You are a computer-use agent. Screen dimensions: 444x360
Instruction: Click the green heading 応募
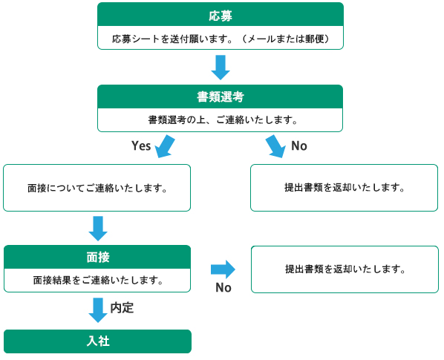pyautogui.click(x=221, y=16)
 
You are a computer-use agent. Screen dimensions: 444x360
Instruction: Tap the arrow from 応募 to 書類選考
pyautogui.click(x=221, y=68)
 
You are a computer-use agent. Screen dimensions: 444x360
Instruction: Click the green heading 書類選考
pyautogui.click(x=221, y=96)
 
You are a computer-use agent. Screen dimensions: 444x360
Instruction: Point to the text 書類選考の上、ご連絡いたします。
pyautogui.click(x=223, y=120)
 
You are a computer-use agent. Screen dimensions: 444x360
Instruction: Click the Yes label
pyautogui.click(x=141, y=145)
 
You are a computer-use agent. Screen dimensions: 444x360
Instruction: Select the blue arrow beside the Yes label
pyautogui.click(x=165, y=146)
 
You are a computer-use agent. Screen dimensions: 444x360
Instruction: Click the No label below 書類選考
pyautogui.click(x=299, y=145)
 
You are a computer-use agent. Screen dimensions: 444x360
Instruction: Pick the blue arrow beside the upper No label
pyautogui.click(x=275, y=146)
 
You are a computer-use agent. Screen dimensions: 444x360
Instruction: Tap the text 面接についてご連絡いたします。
pyautogui.click(x=97, y=189)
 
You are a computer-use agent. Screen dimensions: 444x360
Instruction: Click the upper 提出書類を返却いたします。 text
pyautogui.click(x=345, y=188)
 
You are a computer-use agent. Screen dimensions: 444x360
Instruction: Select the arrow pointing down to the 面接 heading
pyautogui.click(x=98, y=229)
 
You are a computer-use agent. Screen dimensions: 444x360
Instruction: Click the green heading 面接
pyautogui.click(x=98, y=258)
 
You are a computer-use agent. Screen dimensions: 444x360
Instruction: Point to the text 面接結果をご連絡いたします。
pyautogui.click(x=98, y=280)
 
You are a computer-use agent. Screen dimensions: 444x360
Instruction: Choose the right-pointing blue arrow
pyautogui.click(x=223, y=269)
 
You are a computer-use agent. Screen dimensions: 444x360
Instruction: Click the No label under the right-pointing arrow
pyautogui.click(x=223, y=287)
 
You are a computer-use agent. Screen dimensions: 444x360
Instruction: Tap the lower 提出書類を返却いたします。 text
pyautogui.click(x=345, y=269)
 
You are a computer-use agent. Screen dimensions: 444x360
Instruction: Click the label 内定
pyautogui.click(x=122, y=308)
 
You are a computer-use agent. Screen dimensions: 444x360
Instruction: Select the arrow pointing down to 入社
pyautogui.click(x=98, y=310)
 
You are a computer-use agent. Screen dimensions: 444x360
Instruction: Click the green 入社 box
pyautogui.click(x=98, y=341)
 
